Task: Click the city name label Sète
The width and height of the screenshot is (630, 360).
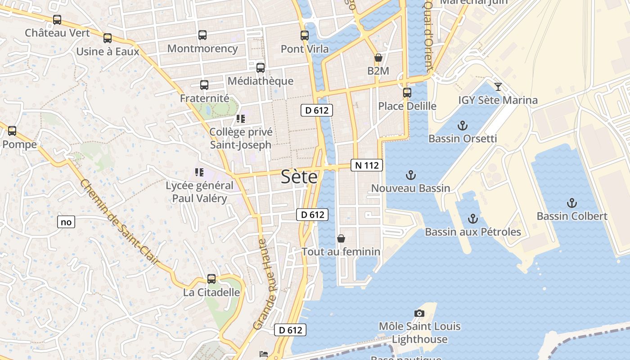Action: pyautogui.click(x=299, y=177)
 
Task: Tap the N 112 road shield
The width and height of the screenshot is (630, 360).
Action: pyautogui.click(x=367, y=165)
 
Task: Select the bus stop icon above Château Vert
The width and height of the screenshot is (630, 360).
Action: pyautogui.click(x=57, y=20)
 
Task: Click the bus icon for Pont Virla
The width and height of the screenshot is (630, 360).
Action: pyautogui.click(x=305, y=36)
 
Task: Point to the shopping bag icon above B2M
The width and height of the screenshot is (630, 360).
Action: pyautogui.click(x=378, y=58)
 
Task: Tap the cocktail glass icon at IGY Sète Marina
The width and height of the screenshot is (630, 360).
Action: pyautogui.click(x=498, y=87)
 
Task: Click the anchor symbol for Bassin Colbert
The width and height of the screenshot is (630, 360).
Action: pyautogui.click(x=571, y=203)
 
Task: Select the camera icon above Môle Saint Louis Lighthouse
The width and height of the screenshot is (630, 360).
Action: pyautogui.click(x=419, y=313)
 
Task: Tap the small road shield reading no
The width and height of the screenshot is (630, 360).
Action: pyautogui.click(x=66, y=222)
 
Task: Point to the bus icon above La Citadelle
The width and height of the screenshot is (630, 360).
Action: pyautogui.click(x=211, y=279)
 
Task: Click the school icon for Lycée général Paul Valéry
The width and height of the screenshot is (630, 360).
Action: pyautogui.click(x=199, y=172)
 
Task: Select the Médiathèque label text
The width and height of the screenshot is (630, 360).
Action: pyautogui.click(x=261, y=81)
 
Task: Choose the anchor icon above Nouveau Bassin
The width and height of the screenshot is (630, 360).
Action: pyautogui.click(x=410, y=175)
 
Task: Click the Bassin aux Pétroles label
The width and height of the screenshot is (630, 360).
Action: pyautogui.click(x=473, y=232)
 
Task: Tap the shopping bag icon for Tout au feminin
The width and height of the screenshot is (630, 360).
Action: pyautogui.click(x=341, y=238)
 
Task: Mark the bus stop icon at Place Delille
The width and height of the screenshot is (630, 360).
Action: pyautogui.click(x=407, y=93)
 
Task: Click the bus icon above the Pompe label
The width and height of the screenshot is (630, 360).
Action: pyautogui.click(x=12, y=131)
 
